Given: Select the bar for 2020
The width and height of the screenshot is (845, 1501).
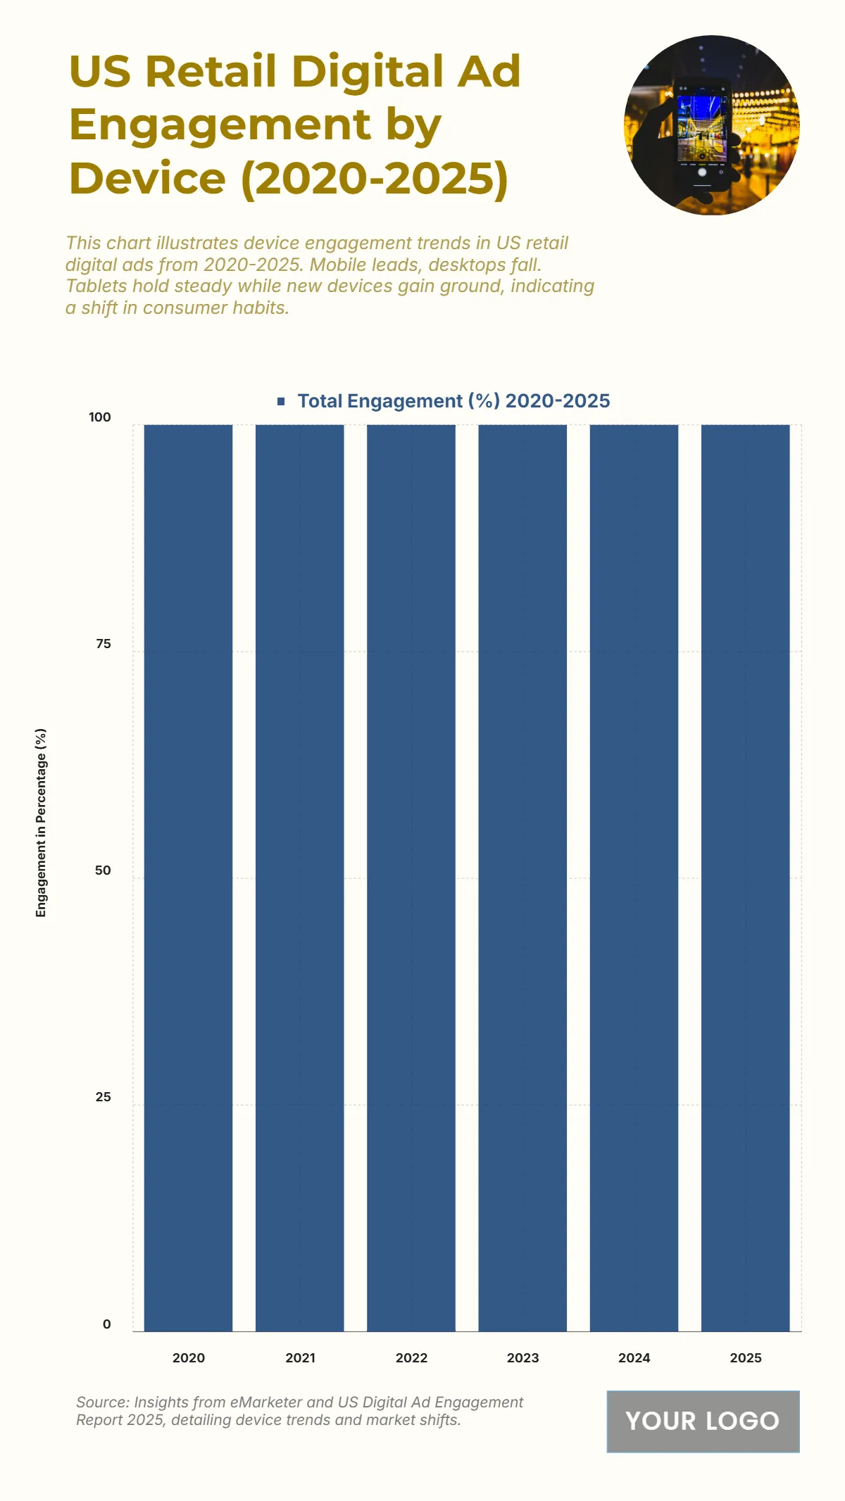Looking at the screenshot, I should (x=188, y=878).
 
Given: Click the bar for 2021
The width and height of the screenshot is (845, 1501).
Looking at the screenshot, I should (x=299, y=878).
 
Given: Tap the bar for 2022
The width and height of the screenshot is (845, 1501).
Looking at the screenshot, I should (x=411, y=878).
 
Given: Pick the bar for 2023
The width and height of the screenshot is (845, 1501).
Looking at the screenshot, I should (x=522, y=878).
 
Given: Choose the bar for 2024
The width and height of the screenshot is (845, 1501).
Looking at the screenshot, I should (x=634, y=878).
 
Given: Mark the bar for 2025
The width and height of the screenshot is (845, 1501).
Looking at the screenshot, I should (x=745, y=878).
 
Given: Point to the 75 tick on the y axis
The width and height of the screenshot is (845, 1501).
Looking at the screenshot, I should (x=103, y=644).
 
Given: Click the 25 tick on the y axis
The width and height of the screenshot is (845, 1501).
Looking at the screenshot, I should (x=103, y=1097).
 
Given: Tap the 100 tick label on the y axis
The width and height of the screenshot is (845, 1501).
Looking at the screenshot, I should (x=100, y=417).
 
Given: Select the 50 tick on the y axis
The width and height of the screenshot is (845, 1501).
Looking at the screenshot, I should (x=103, y=870).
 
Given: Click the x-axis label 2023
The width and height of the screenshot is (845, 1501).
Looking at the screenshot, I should (x=522, y=1358).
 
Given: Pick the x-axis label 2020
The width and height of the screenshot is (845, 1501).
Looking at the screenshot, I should (x=188, y=1358).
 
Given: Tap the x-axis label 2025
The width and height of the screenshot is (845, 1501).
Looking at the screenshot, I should (x=745, y=1358).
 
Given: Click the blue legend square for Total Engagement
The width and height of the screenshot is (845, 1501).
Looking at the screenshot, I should (x=281, y=401).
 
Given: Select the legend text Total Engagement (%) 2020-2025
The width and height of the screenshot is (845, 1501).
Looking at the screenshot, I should (x=453, y=401).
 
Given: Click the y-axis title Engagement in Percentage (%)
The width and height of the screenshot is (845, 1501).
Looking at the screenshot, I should (x=41, y=823).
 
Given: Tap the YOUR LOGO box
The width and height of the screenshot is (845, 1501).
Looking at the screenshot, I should (x=703, y=1421).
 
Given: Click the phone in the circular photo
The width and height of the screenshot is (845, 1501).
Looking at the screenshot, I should (x=702, y=134).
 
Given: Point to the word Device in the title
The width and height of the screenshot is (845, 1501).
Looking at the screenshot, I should (x=147, y=179).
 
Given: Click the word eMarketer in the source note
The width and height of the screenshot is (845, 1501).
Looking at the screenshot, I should (x=266, y=1402).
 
